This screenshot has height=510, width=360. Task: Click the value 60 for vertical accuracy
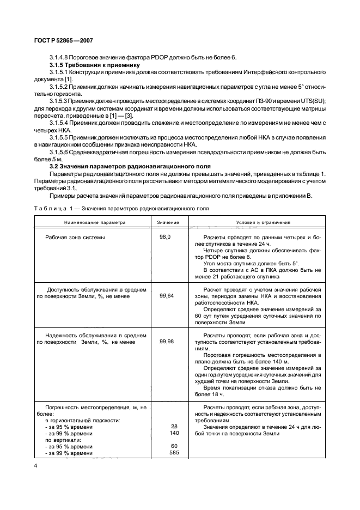tap(174, 446)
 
